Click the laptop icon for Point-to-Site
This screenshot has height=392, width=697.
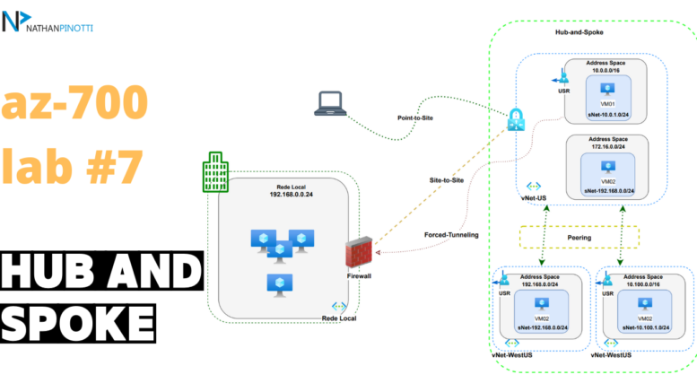pos(330,103)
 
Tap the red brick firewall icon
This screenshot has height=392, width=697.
pos(359,252)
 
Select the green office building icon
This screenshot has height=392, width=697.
pos(215,172)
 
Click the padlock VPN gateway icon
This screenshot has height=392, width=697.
pos(516,119)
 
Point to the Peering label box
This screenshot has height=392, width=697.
pos(579,238)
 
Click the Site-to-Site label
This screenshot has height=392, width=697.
pos(447,180)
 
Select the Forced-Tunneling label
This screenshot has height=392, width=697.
pos(451,235)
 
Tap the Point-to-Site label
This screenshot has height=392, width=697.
pos(415,118)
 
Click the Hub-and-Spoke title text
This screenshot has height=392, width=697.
pos(579,32)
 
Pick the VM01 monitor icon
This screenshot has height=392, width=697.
pos(607,90)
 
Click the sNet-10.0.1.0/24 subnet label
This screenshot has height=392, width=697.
pos(608,115)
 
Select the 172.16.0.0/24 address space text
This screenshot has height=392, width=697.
pos(608,147)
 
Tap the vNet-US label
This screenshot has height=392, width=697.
pos(534,198)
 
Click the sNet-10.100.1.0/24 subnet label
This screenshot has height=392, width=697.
pos(646,327)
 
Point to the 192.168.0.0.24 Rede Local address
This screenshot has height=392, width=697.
pos(292,195)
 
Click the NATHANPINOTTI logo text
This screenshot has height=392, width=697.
pos(59,29)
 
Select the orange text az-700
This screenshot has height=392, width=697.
pos(74,101)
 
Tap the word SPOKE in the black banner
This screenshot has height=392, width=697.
pos(78,323)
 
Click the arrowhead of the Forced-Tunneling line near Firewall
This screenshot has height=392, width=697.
pos(379,252)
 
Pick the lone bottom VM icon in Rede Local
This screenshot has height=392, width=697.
pos(280,285)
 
